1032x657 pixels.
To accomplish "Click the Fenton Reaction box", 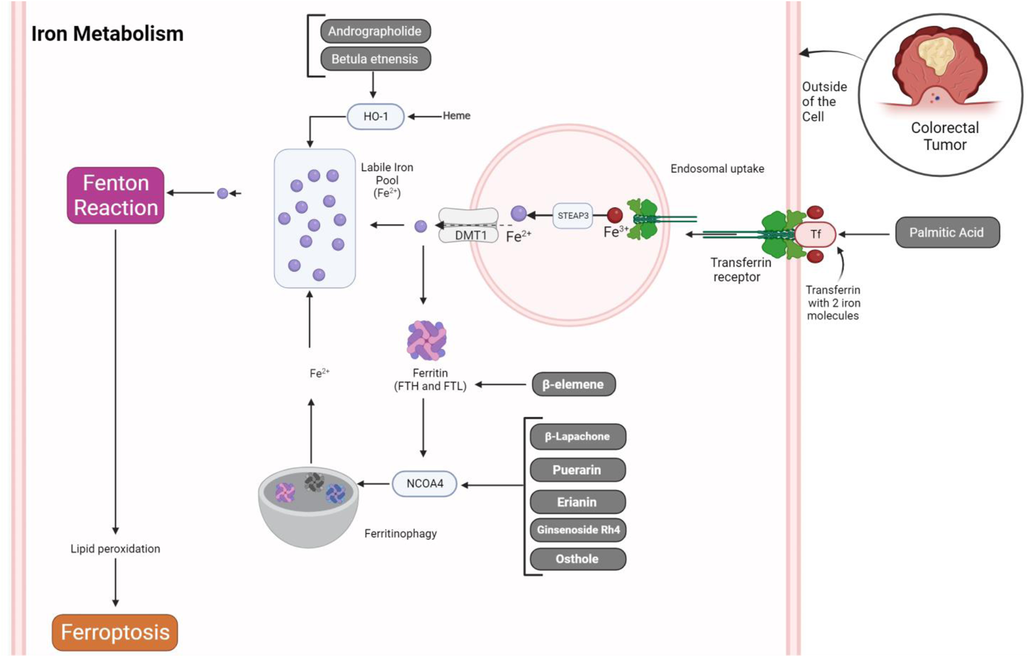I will point(115,195).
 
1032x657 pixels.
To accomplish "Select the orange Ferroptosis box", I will point(115,632).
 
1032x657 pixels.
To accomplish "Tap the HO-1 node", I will point(375,116).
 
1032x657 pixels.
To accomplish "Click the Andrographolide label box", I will point(374,31).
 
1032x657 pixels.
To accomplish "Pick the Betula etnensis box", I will point(374,59).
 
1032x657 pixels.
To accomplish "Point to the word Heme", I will point(456,116).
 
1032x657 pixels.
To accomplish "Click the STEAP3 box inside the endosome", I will point(572,216).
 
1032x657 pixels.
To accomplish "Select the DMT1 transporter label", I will point(469,235).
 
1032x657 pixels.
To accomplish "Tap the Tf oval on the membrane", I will point(815,234).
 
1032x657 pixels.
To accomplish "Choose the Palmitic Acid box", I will point(946,232).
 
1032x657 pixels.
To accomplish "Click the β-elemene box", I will point(573,384).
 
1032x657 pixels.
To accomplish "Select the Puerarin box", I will point(577,470).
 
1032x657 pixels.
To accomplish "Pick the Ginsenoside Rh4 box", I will point(578,530).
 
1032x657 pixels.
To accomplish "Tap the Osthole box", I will point(577,559).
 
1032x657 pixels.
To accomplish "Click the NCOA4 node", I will point(425,483).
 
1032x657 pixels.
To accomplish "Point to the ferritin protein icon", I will point(426,340).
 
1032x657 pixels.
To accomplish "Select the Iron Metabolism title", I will point(107,34).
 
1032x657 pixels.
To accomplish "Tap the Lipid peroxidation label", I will point(115,549).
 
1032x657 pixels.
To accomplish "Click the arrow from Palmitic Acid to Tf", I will point(864,234).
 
